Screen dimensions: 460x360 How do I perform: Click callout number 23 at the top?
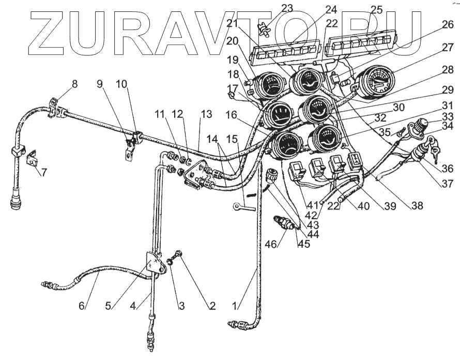coord(287,8)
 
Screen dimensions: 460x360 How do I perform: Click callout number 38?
coord(417,205)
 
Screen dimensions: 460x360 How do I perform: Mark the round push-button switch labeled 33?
coord(420,126)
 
